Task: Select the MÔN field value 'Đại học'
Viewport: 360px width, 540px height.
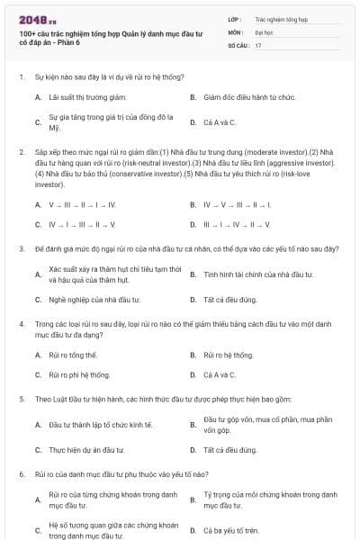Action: (x=266, y=31)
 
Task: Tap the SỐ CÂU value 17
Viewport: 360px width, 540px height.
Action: (x=258, y=45)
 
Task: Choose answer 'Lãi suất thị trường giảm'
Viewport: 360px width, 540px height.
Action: (x=87, y=96)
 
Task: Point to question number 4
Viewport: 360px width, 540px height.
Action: (x=21, y=321)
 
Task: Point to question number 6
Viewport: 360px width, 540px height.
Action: (x=21, y=473)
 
